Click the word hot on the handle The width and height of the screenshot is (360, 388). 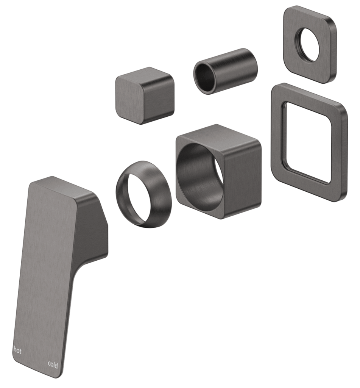[x=17, y=350]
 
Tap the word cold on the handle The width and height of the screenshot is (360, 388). [x=53, y=365]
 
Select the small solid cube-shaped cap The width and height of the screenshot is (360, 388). [x=145, y=95]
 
